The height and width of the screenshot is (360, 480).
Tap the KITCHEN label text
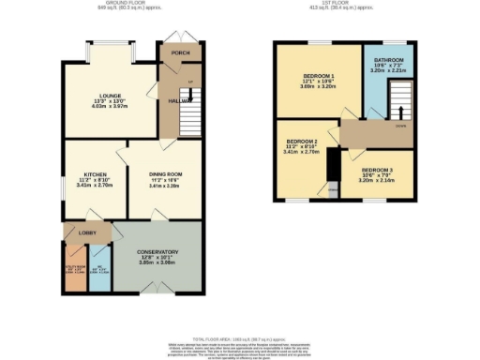point(96,174)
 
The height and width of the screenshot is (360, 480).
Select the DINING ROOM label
point(165,174)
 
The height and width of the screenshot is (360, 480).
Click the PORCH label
point(181,53)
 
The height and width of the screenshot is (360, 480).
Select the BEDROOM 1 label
point(318,76)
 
